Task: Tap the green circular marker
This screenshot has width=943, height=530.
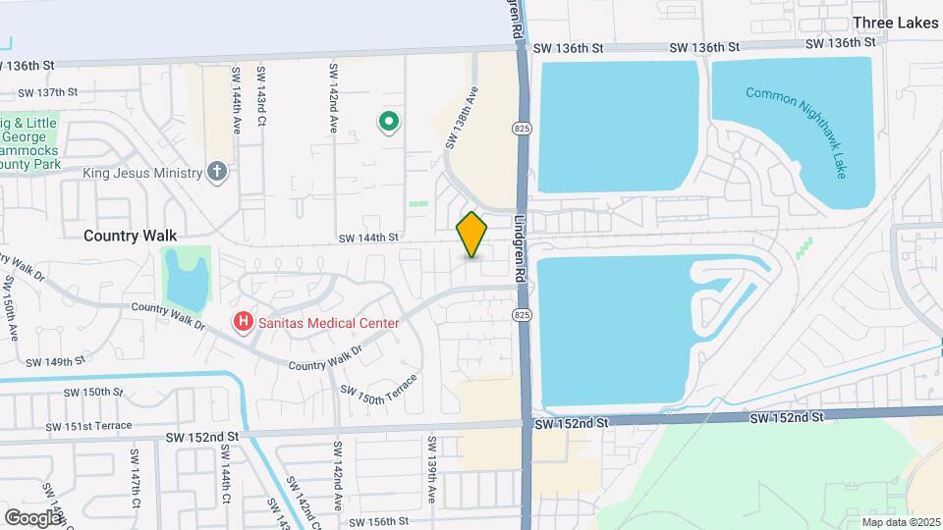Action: pos(389,123)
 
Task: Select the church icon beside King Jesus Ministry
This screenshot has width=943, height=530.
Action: pos(218,173)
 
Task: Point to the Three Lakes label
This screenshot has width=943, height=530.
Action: pos(895,23)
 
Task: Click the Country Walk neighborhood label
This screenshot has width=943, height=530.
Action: pos(130,236)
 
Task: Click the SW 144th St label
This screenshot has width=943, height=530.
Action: pos(368,238)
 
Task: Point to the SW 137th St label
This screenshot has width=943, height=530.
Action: pos(47,92)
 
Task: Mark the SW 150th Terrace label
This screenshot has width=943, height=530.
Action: pos(379,382)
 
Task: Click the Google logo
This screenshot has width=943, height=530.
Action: pos(32,517)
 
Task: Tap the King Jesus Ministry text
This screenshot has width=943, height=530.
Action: pos(141,174)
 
